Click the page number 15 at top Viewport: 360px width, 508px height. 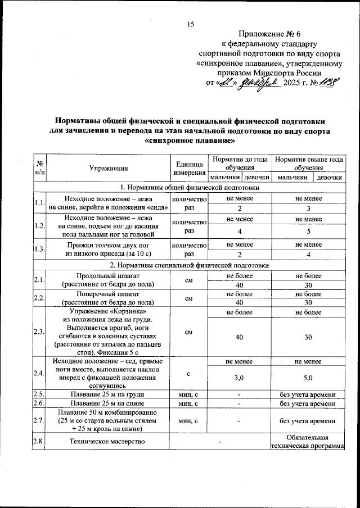tap(190, 24)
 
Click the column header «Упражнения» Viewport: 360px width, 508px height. tap(109, 168)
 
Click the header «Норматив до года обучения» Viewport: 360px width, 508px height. tap(240, 164)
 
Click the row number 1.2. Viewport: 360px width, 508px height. tap(39, 226)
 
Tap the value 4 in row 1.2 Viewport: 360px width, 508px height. tap(240, 231)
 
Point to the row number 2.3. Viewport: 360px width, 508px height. tap(39, 332)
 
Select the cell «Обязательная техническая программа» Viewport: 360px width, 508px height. tap(307, 441)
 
